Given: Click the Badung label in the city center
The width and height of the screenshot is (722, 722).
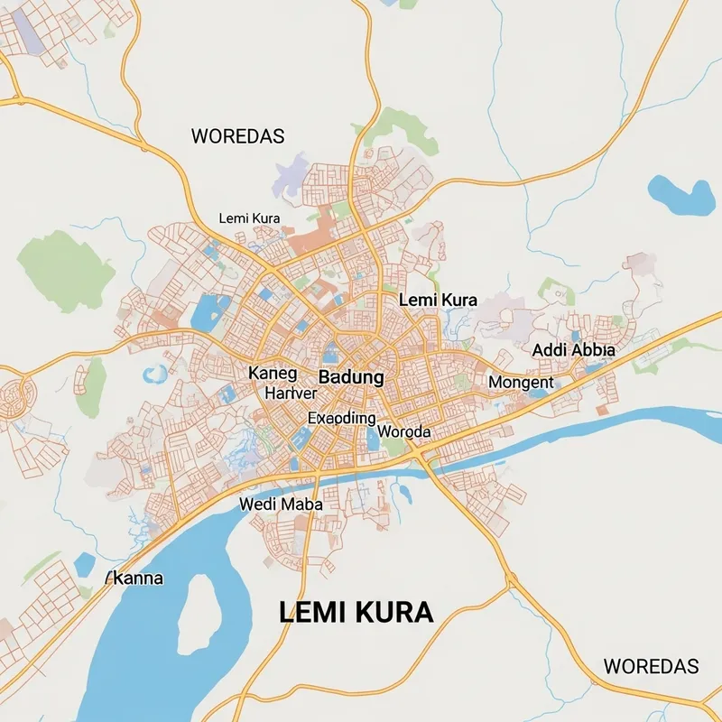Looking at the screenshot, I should (x=351, y=377).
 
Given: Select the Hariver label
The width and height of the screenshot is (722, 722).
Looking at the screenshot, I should (x=291, y=393).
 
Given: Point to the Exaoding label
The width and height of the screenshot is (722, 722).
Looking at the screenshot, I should (x=341, y=418).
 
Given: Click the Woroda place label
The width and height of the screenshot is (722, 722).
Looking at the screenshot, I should (x=403, y=432).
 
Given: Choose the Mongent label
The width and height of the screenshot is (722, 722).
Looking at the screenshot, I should (x=521, y=383).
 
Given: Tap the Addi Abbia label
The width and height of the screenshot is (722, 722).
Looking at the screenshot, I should (x=573, y=350).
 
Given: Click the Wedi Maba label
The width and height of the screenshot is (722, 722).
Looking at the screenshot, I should (x=281, y=504).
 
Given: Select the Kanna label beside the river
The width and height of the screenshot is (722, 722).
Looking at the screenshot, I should (x=136, y=578).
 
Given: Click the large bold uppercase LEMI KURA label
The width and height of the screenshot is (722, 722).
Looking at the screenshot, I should (x=356, y=613).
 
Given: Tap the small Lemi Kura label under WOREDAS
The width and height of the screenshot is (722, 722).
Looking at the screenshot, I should (x=249, y=218).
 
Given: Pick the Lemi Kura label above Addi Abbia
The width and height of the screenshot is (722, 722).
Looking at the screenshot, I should (x=438, y=300).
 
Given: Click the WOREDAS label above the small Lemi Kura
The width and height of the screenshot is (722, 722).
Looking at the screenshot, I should (x=238, y=136).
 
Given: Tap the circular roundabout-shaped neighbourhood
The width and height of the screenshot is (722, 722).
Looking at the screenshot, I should (x=14, y=396).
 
